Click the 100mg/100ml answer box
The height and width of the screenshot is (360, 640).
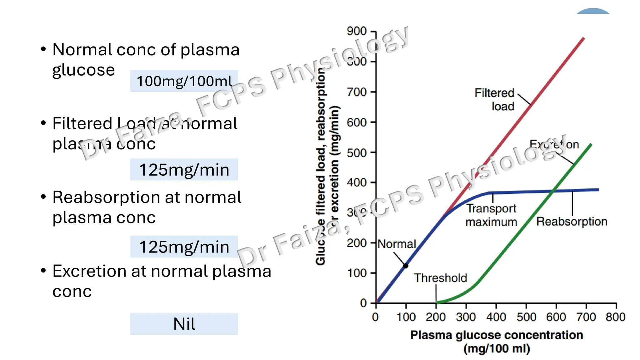pyautogui.click(x=184, y=81)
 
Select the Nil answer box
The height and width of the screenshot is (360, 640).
pyautogui.click(x=184, y=324)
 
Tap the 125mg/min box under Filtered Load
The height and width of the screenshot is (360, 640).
pyautogui.click(x=184, y=170)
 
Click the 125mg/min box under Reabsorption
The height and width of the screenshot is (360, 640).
pyautogui.click(x=184, y=247)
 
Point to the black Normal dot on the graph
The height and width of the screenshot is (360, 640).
pyautogui.click(x=406, y=266)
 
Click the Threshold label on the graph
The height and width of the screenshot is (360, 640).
pyautogui.click(x=440, y=278)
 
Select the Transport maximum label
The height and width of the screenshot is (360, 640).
pyautogui.click(x=491, y=215)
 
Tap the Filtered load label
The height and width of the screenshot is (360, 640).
pyautogui.click(x=494, y=99)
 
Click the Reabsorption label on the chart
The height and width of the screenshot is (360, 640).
pyautogui.click(x=572, y=222)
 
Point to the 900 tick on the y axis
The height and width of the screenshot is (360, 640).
pyautogui.click(x=357, y=31)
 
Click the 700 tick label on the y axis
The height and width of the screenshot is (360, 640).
pyautogui.click(x=357, y=92)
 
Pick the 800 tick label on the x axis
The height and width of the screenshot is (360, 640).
pyautogui.click(x=615, y=317)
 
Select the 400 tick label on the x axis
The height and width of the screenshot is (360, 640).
pyautogui.click(x=496, y=317)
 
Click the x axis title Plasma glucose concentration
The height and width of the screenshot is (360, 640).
pyautogui.click(x=497, y=335)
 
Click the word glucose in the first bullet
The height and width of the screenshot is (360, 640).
pyautogui.click(x=83, y=70)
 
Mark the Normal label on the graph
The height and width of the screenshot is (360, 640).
pyautogui.click(x=397, y=244)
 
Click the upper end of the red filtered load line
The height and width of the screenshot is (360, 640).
pyautogui.click(x=583, y=39)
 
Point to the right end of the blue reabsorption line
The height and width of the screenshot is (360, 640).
pyautogui.click(x=598, y=190)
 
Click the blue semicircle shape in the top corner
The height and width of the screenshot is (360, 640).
pyautogui.click(x=593, y=12)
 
